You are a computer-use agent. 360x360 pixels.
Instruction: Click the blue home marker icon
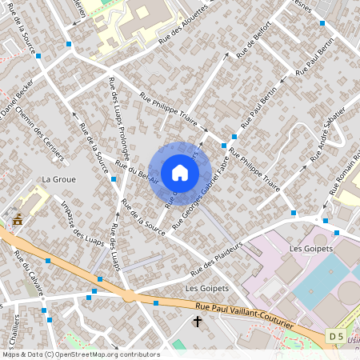(180, 173)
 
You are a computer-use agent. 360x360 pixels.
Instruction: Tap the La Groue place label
(59, 179)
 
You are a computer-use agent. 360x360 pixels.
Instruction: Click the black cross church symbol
(198, 322)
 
